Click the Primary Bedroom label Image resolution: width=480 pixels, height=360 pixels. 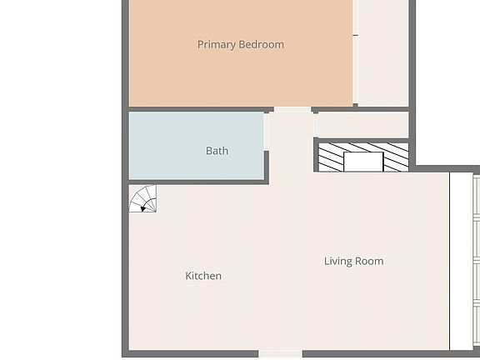240,44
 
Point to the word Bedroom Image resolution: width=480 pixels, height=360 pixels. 262,44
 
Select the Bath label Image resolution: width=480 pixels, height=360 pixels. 217,151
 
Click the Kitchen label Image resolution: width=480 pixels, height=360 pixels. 203,276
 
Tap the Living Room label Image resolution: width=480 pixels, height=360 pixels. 353,261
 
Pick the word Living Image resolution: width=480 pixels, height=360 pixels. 337,261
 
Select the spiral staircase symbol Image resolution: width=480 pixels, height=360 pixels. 142,199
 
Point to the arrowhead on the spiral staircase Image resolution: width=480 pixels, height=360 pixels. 143,208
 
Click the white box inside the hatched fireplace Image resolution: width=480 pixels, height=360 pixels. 362,162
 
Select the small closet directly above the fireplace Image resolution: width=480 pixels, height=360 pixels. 362,124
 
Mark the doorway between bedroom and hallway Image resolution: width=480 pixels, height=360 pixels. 292,109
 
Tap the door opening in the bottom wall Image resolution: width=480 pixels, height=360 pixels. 280,354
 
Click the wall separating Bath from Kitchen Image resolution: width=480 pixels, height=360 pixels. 198,182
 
